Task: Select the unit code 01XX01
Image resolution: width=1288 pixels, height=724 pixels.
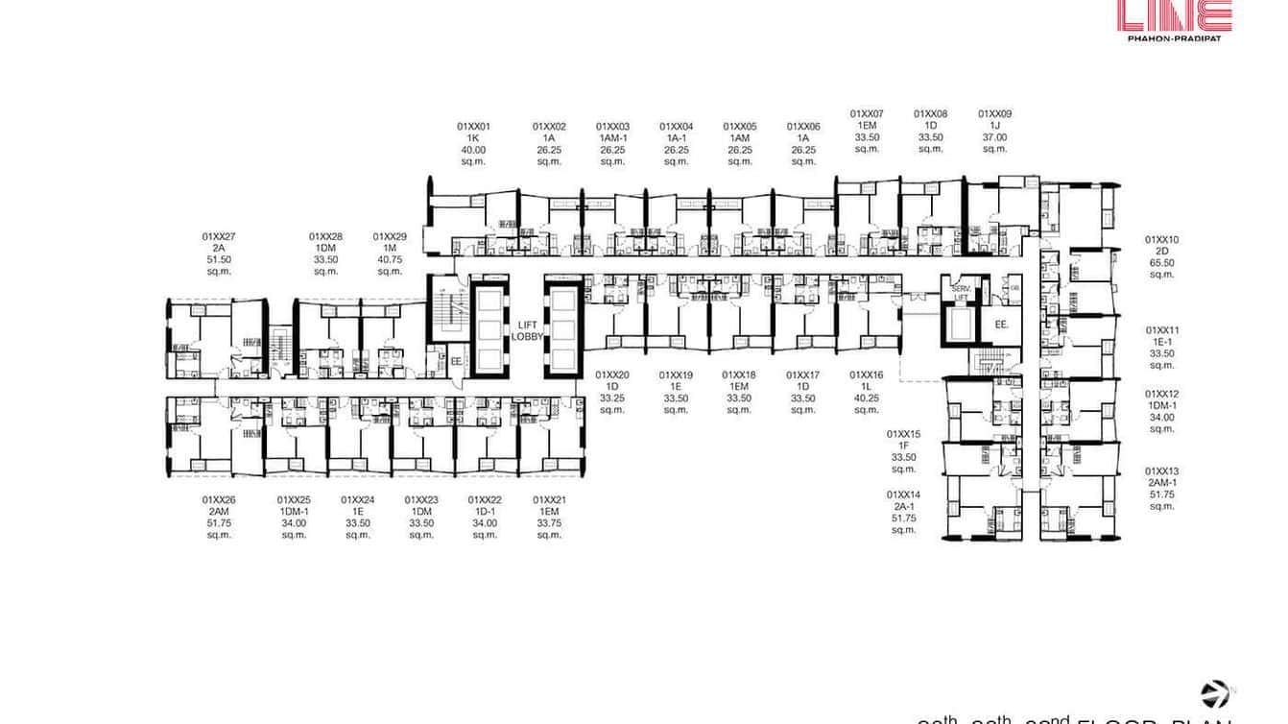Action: click(x=473, y=126)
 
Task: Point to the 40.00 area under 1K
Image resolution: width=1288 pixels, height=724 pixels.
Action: click(x=473, y=149)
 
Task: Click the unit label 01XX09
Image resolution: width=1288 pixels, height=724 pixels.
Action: click(x=994, y=114)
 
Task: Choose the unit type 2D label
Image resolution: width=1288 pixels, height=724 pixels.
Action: click(x=1161, y=252)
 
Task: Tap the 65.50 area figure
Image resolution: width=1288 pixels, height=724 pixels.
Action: click(x=1161, y=263)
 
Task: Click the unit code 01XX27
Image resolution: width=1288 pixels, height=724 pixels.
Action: click(x=219, y=236)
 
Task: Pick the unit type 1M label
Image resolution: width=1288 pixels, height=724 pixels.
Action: click(x=390, y=248)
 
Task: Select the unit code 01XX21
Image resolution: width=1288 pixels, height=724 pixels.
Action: click(x=549, y=500)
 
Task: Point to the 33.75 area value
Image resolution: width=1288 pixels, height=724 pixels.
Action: click(x=549, y=523)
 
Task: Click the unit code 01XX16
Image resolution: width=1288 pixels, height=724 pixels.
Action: click(x=867, y=375)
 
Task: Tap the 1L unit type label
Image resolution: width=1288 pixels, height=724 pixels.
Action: click(x=867, y=387)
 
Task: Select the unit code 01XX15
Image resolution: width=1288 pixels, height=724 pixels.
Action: click(x=903, y=434)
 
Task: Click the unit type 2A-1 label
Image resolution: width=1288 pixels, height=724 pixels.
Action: click(x=903, y=506)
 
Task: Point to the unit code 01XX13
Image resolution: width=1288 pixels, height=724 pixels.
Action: click(x=1161, y=471)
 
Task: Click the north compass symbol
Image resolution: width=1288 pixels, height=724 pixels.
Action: click(x=1215, y=693)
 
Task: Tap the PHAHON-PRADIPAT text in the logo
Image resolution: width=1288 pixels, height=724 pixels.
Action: click(x=1174, y=37)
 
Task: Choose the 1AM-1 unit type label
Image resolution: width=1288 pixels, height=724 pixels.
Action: click(x=612, y=137)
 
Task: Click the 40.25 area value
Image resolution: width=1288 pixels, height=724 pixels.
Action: click(x=867, y=398)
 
